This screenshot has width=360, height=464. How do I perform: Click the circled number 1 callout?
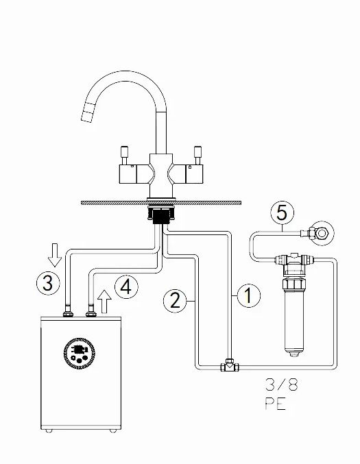(x=249, y=295)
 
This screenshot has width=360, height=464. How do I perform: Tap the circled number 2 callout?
(x=176, y=301)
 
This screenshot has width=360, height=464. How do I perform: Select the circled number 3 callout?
(x=48, y=283)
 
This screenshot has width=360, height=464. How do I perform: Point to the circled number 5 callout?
(x=282, y=212)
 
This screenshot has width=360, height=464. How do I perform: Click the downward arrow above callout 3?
(x=55, y=255)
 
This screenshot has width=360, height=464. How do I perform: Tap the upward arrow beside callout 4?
(x=104, y=302)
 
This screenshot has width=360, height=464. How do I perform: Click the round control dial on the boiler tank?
(x=80, y=353)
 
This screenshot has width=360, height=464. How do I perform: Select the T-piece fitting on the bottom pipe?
(x=230, y=365)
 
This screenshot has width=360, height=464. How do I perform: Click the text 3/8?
(x=282, y=385)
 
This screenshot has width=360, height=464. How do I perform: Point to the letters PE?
(x=276, y=404)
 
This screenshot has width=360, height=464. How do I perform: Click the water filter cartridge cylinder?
(x=293, y=323)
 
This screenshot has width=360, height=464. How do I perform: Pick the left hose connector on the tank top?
(x=68, y=313)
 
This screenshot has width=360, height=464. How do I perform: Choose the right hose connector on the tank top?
(x=91, y=313)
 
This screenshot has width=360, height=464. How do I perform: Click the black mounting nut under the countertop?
(x=161, y=215)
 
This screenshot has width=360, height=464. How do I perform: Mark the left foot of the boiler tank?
(x=49, y=431)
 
